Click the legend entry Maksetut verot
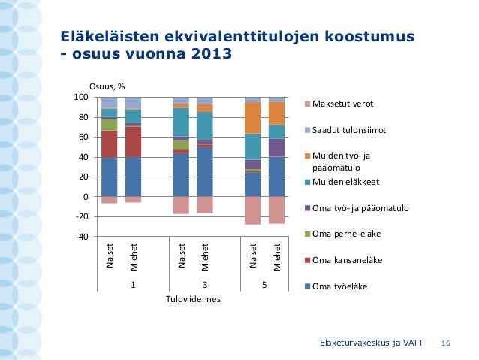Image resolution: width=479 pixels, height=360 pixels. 339,104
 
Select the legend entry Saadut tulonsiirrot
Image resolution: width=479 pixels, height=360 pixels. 345,130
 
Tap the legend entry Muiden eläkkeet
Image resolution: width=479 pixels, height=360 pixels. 342,183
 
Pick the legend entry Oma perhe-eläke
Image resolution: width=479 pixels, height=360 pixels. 343,234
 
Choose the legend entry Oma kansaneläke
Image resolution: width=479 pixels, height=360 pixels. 344,260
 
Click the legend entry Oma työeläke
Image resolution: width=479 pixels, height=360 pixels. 336,286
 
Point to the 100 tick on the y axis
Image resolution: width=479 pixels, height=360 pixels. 81,97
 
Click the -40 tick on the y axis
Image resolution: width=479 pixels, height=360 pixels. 82,237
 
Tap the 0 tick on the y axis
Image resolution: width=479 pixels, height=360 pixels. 86,197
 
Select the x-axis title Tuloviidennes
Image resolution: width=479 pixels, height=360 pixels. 193,299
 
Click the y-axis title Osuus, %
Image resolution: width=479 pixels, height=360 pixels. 107,87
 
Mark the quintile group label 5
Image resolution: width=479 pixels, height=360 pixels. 264,285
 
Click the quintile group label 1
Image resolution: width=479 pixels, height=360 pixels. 133,285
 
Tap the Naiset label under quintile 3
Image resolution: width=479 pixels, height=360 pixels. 182,256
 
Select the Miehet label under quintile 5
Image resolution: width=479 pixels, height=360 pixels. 277,257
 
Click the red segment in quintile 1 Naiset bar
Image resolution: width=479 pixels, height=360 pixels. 110,144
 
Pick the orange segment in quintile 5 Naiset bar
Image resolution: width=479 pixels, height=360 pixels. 253,118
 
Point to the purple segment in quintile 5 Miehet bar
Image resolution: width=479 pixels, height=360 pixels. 277,147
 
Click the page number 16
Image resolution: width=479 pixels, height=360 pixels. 446,343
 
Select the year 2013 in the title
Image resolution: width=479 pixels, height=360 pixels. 212,54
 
